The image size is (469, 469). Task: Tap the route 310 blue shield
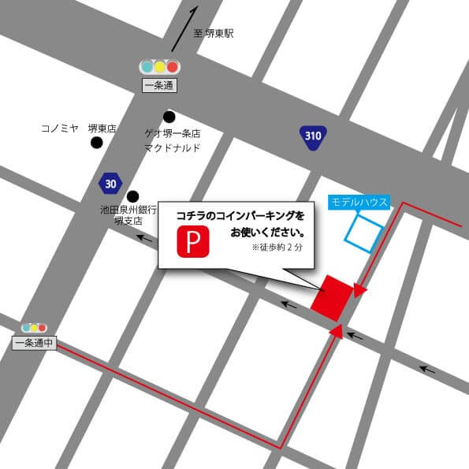pyautogui.click(x=313, y=136)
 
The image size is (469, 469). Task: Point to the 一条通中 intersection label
pyautogui.click(x=33, y=342)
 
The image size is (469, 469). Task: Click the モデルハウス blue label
pyautogui.click(x=359, y=203)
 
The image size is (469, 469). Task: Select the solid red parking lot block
pyautogui.click(x=332, y=297)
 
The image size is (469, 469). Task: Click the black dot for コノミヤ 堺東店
pyautogui.click(x=96, y=143)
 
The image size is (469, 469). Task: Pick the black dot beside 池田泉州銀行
pyautogui.click(x=133, y=196)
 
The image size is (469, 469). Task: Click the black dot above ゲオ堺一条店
pyautogui.click(x=169, y=117)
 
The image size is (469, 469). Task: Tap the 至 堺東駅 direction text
pyautogui.click(x=214, y=34)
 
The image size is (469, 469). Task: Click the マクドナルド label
pyautogui.click(x=172, y=147)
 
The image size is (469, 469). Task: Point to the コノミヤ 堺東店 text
pyautogui.click(x=78, y=128)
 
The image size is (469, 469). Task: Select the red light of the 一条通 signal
pyautogui.click(x=173, y=67)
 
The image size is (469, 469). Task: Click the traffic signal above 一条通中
pyautogui.click(x=34, y=327)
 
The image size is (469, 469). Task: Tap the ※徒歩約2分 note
pyautogui.click(x=277, y=248)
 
